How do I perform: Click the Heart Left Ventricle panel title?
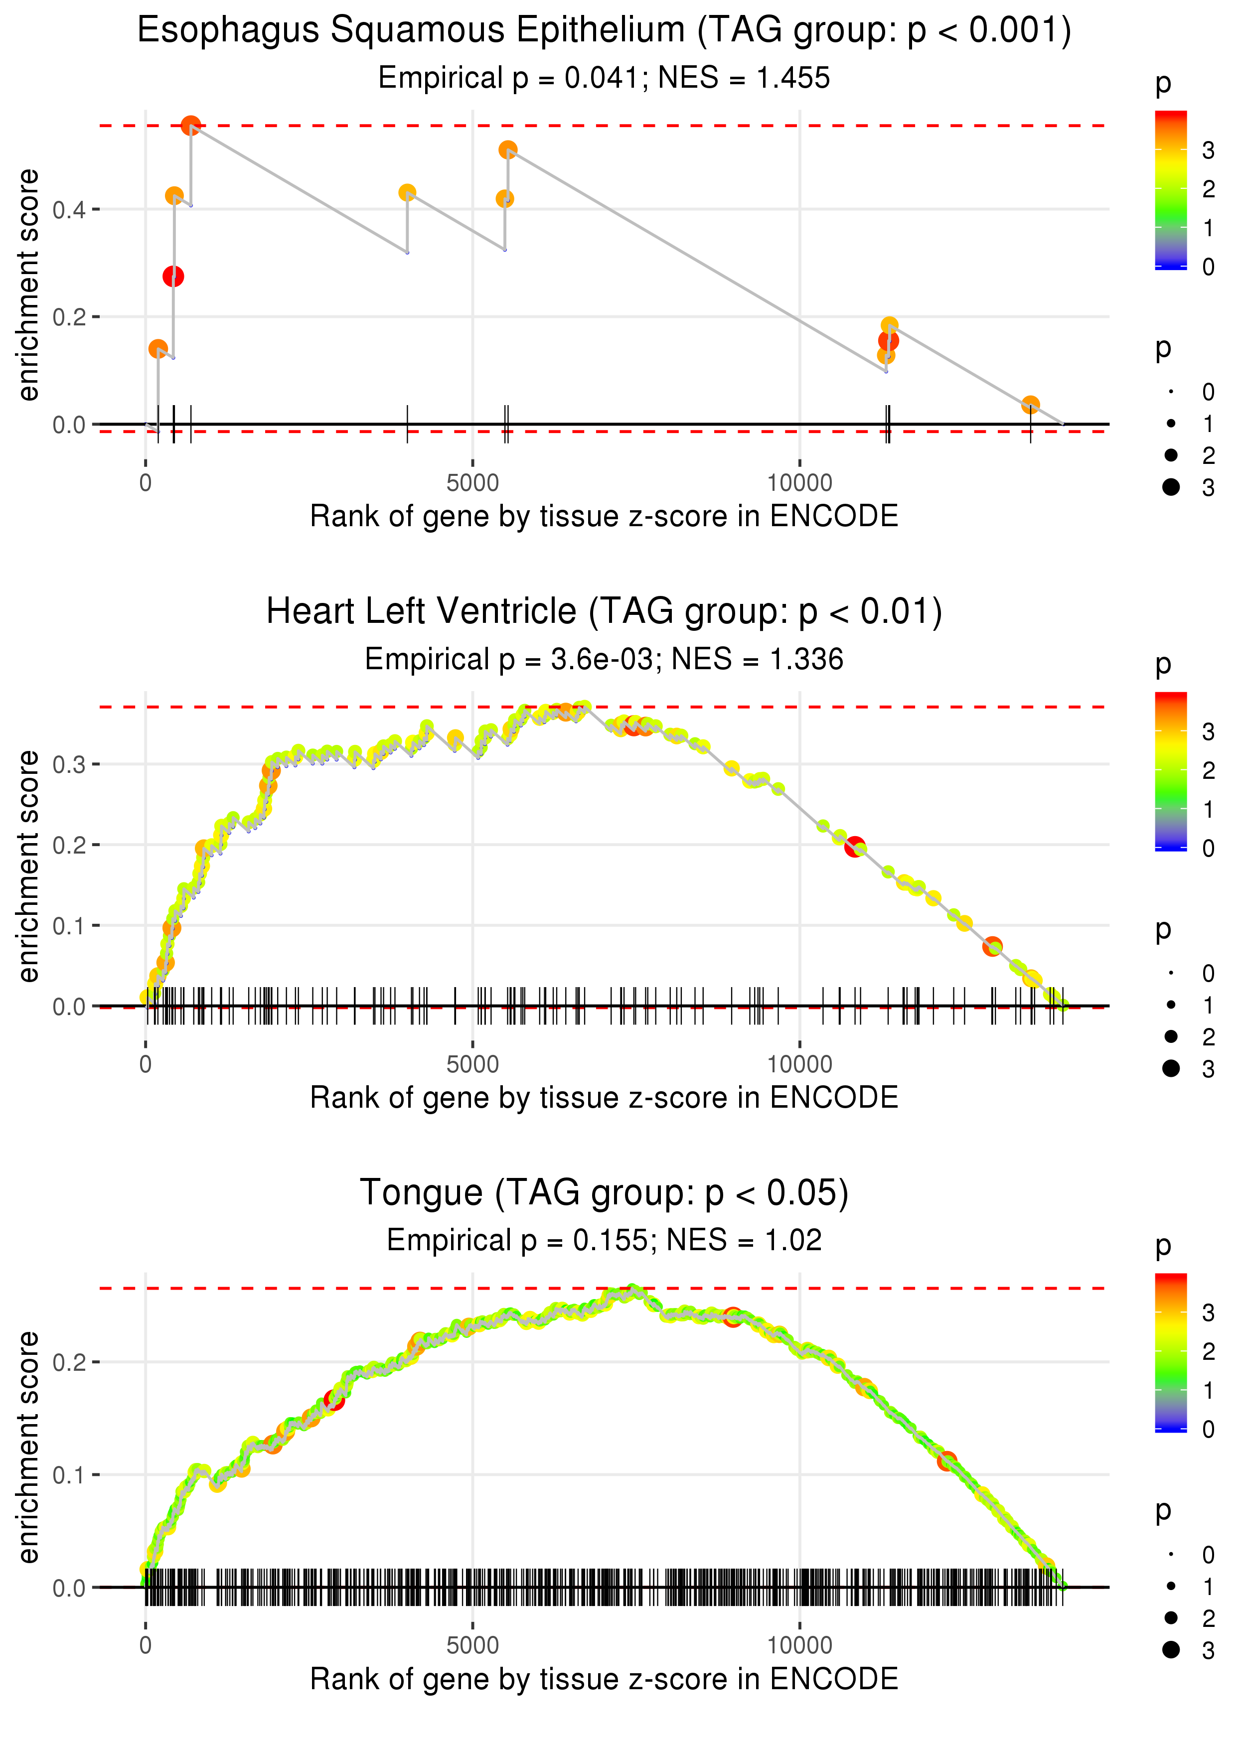(x=604, y=612)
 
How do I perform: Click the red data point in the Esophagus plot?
(x=173, y=276)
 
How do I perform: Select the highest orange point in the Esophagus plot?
(x=191, y=126)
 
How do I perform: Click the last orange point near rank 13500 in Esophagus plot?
(x=1030, y=404)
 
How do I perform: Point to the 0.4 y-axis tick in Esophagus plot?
(x=69, y=209)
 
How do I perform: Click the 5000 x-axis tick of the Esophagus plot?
(x=472, y=483)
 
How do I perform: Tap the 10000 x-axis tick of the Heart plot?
(x=799, y=1064)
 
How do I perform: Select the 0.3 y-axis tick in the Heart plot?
(x=69, y=765)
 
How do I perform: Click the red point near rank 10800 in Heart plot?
(x=855, y=847)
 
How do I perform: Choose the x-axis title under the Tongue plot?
(x=604, y=1680)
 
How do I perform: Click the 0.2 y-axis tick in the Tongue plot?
(x=69, y=1363)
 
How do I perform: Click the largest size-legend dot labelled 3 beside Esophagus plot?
(x=1171, y=487)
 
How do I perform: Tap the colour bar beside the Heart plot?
(x=1171, y=771)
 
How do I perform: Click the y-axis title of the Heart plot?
(x=28, y=866)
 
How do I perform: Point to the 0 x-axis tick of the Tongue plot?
(x=146, y=1646)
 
